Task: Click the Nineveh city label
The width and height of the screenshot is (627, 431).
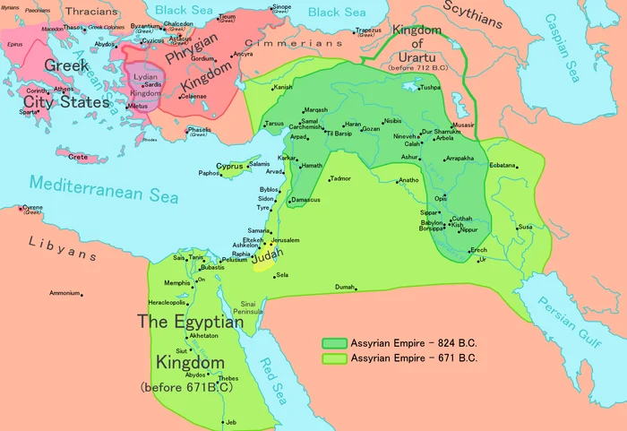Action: click(406, 135)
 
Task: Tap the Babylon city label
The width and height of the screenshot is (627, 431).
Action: click(433, 222)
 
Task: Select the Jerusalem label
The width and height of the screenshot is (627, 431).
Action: click(284, 240)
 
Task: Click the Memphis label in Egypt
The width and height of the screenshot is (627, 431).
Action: click(176, 283)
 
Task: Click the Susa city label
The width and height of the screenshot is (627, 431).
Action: click(525, 227)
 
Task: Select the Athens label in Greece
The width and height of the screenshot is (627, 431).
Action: click(64, 89)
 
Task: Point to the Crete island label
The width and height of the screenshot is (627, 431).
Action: click(78, 157)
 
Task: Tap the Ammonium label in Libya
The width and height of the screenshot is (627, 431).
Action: click(64, 293)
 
